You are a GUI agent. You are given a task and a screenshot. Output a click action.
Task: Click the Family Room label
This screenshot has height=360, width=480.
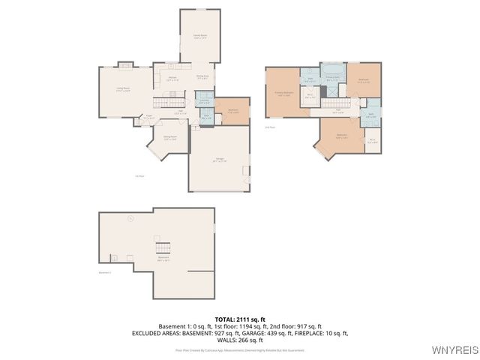[x=200, y=36]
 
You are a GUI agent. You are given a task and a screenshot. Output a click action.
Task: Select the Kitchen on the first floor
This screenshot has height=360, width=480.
[x=172, y=79]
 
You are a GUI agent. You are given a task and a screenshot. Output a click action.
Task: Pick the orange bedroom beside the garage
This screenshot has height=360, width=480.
[x=232, y=111]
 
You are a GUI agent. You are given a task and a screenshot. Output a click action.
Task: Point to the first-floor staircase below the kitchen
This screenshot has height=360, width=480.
[x=169, y=101]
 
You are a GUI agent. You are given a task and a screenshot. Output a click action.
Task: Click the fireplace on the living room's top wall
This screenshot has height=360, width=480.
[x=126, y=65]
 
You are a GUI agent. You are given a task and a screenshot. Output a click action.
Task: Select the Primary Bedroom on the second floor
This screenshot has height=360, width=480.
[x=283, y=93]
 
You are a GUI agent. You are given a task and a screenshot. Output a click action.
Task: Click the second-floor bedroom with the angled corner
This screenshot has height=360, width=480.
[x=340, y=137]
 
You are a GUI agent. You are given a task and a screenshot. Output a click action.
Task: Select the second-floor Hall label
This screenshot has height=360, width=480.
[x=338, y=110]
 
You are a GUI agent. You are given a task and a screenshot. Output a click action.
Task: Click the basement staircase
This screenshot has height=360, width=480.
[x=163, y=247]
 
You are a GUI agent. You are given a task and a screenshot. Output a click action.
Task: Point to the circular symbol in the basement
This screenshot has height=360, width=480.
[x=130, y=219]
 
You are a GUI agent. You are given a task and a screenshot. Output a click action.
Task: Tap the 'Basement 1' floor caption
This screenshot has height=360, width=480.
[x=105, y=272]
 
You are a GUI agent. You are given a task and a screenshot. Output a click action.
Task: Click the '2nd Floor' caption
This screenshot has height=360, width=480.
[x=269, y=128]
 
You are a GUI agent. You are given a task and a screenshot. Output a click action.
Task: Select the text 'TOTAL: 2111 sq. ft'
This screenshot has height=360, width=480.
[x=239, y=319]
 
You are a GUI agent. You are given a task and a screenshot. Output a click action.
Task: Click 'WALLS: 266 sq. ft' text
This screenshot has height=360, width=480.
[x=239, y=340]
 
